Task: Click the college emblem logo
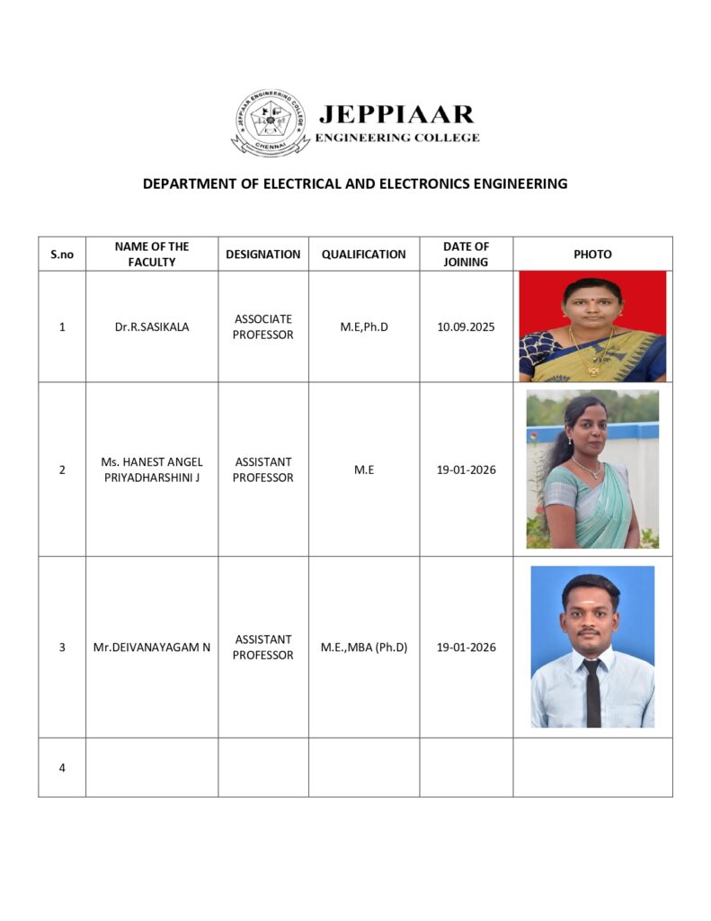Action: [x=271, y=121]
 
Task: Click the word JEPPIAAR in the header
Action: [x=396, y=114]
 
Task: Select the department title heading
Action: [x=355, y=183]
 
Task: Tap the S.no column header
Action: [x=62, y=255]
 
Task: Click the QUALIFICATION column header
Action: [x=364, y=255]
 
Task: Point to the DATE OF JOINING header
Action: [x=466, y=254]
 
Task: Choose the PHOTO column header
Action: [x=592, y=255]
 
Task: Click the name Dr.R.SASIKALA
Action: [x=152, y=327]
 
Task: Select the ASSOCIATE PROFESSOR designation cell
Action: [x=263, y=326]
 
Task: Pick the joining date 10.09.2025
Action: [x=466, y=327]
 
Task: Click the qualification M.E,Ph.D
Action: [x=364, y=327]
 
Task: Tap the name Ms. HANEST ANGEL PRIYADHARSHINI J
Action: [x=152, y=469]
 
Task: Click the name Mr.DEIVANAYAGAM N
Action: [x=152, y=647]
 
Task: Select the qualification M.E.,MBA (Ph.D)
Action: [x=364, y=647]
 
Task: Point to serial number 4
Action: [x=62, y=767]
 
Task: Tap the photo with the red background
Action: [x=592, y=326]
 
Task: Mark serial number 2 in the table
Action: [x=62, y=469]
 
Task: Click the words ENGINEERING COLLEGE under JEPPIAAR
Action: [x=396, y=138]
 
